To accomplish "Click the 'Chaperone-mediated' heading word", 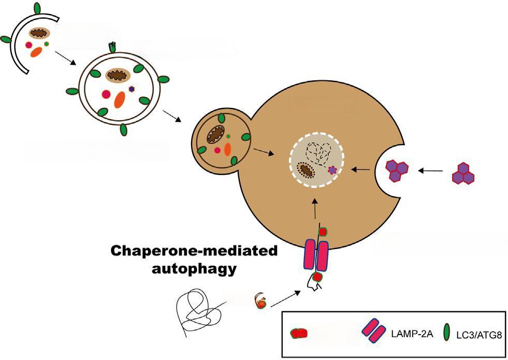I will pyautogui.click(x=194, y=252).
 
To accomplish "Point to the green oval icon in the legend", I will pyautogui.click(x=448, y=334).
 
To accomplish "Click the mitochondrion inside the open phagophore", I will pyautogui.click(x=38, y=34).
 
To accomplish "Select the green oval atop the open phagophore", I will pyautogui.click(x=37, y=8).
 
